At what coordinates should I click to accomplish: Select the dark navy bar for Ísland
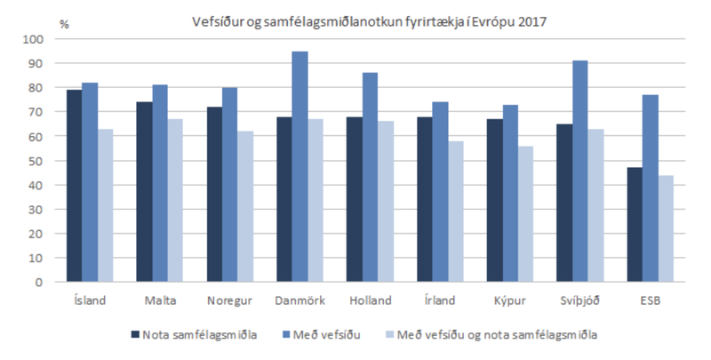pyautogui.click(x=75, y=186)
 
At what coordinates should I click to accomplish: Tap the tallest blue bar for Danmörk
pyautogui.click(x=300, y=166)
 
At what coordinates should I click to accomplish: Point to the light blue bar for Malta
pyautogui.click(x=176, y=201)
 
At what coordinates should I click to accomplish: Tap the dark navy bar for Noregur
pyautogui.click(x=215, y=195)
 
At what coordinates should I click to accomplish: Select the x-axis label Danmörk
pyautogui.click(x=300, y=300)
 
